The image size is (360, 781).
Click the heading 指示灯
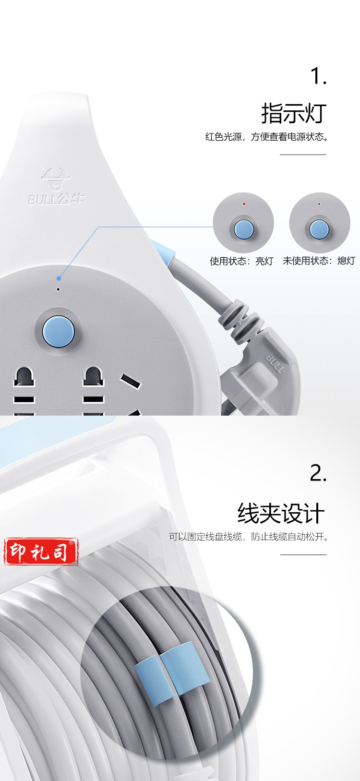tap(293, 113)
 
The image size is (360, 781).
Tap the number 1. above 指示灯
tap(318, 76)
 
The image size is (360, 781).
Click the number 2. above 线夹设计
tap(318, 473)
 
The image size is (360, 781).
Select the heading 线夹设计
tap(281, 513)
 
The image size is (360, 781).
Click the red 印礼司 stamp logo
tap(41, 552)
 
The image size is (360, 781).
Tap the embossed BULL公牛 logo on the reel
tap(56, 186)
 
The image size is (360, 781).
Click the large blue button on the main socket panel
tap(58, 331)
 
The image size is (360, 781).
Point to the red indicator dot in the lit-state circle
tap(244, 204)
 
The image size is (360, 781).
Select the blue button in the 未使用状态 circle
tap(319, 229)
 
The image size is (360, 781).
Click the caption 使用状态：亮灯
tap(241, 261)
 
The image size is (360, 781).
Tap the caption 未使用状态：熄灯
tap(319, 261)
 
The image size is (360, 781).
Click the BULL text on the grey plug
tap(276, 363)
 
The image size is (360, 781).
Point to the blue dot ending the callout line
tap(59, 278)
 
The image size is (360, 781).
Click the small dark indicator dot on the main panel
tap(58, 289)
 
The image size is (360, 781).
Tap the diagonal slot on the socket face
tap(131, 381)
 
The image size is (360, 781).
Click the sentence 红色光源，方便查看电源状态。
tap(266, 137)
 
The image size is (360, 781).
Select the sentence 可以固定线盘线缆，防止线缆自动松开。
tap(249, 537)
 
